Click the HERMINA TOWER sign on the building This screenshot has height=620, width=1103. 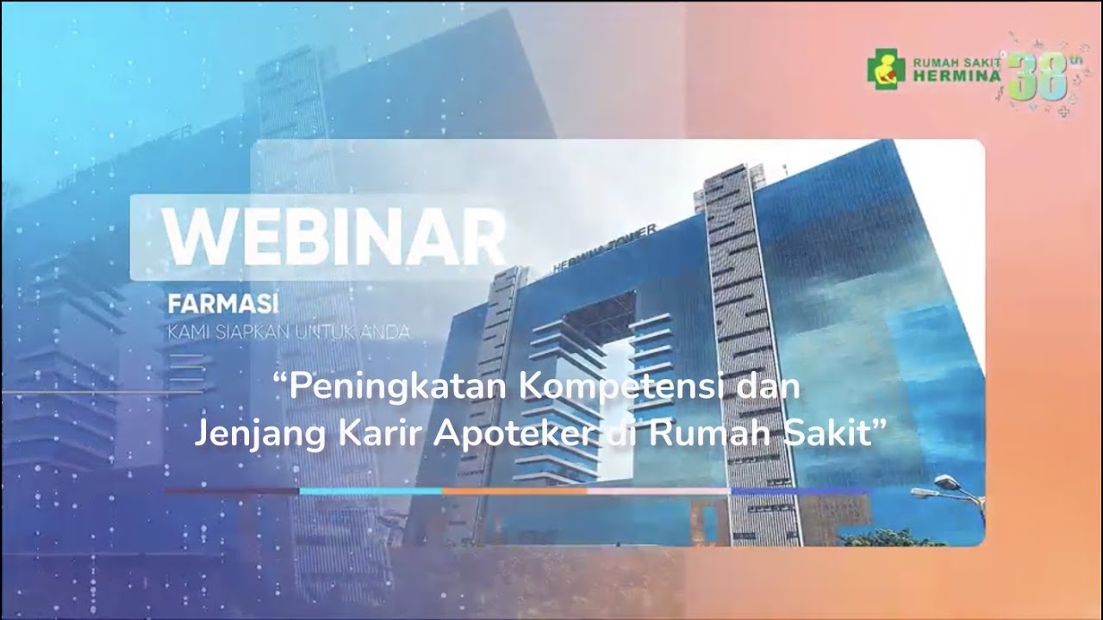tap(604, 248)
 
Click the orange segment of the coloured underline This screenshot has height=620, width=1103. tap(514, 491)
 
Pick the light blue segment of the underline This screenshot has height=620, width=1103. tap(371, 491)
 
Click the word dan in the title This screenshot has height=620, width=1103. tap(771, 387)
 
